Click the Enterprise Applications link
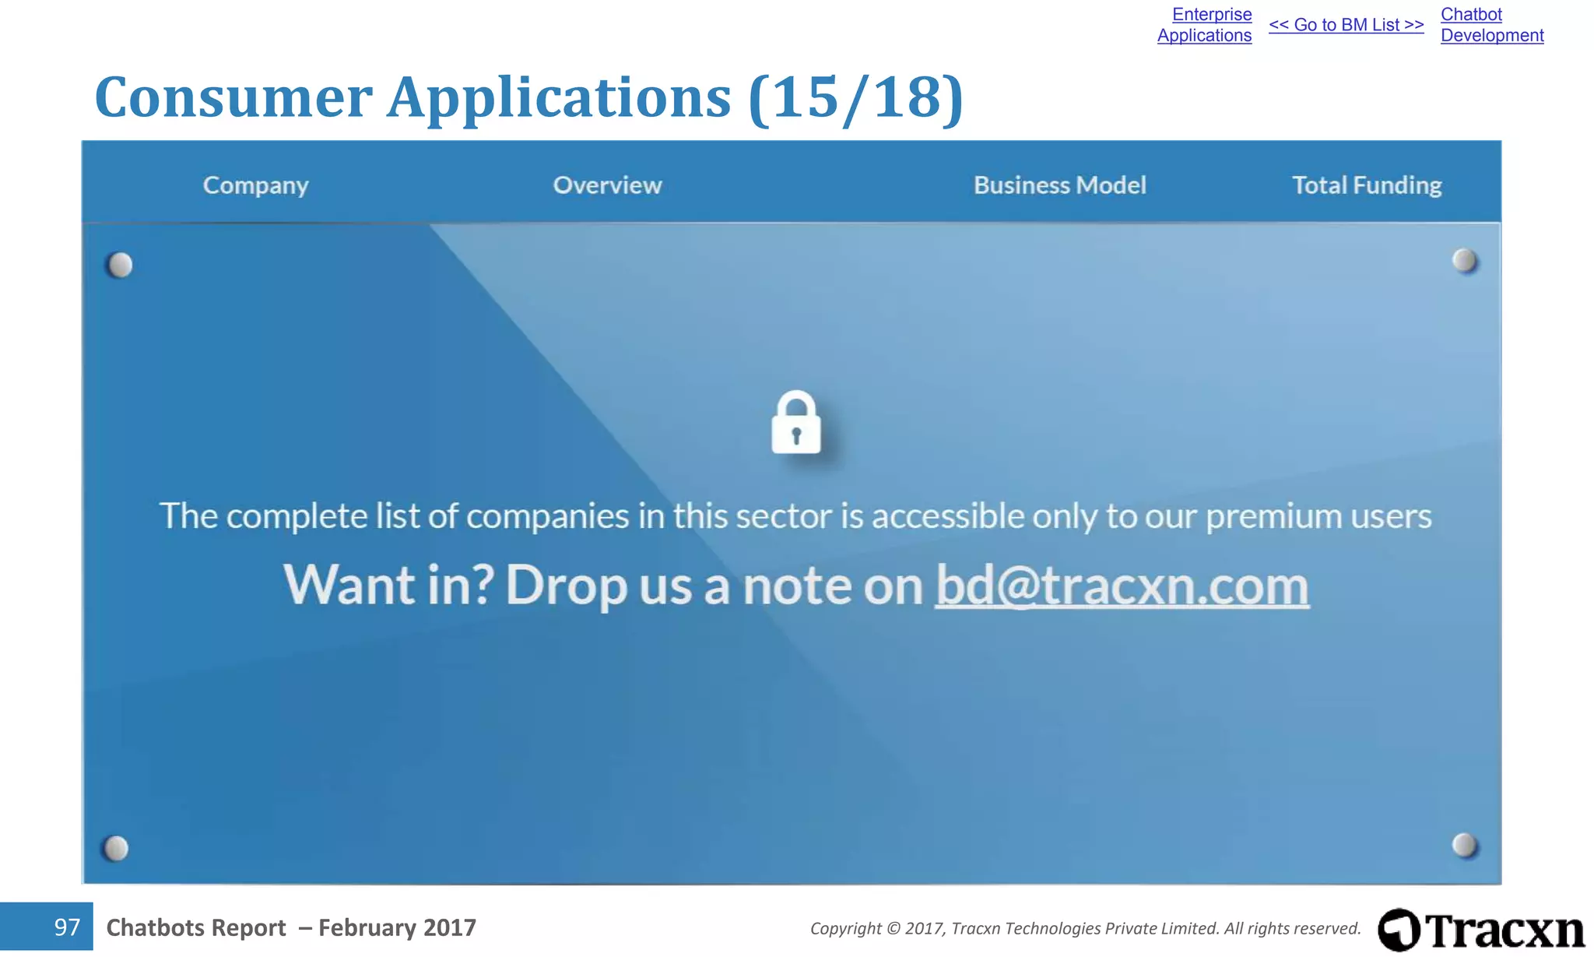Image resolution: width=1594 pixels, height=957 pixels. click(1205, 25)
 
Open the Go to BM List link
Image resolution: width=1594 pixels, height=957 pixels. click(1346, 25)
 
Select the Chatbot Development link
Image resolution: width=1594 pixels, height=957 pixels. click(1491, 25)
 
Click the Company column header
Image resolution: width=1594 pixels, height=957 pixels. click(255, 185)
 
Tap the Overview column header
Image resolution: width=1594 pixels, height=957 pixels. click(607, 185)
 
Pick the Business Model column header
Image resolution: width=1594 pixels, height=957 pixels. click(1059, 185)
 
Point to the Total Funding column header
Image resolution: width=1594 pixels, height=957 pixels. click(1367, 185)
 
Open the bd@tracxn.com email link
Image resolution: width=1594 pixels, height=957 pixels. click(1122, 586)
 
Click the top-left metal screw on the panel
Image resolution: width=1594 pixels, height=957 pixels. click(120, 266)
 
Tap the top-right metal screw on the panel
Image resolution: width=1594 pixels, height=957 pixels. click(1464, 261)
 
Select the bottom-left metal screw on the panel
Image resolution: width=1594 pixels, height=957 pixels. click(116, 847)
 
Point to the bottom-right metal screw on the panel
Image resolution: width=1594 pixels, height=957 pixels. click(1464, 845)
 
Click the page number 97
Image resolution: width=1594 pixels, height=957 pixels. click(67, 927)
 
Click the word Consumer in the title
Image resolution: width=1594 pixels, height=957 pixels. click(233, 98)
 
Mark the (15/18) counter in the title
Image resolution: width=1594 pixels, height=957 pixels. click(855, 98)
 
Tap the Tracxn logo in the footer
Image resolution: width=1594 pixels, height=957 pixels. click(1481, 930)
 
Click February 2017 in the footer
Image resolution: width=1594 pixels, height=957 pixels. click(397, 927)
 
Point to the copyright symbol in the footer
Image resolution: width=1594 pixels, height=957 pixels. click(893, 928)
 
